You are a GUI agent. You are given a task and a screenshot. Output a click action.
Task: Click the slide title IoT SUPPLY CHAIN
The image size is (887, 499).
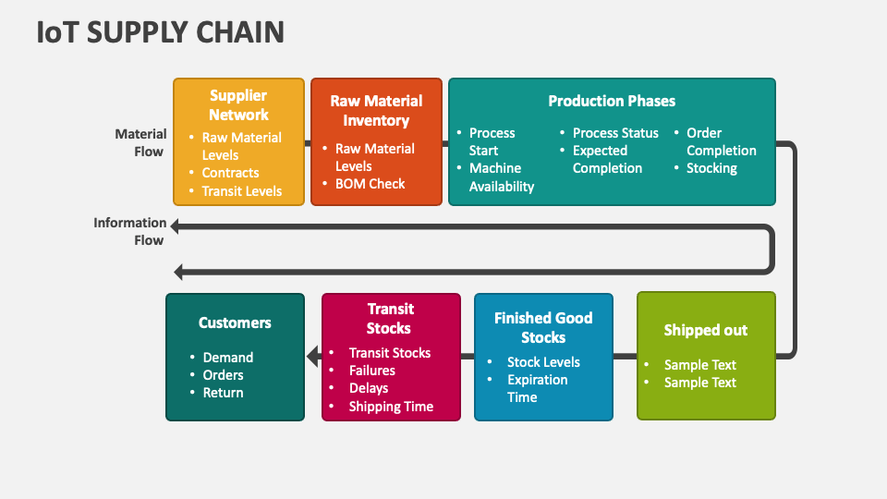[161, 32]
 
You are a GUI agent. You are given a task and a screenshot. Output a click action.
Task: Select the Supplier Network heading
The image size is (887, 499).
[238, 105]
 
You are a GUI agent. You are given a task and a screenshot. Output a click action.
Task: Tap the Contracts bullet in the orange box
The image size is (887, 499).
[231, 173]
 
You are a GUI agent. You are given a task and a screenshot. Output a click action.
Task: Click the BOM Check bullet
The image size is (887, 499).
[370, 184]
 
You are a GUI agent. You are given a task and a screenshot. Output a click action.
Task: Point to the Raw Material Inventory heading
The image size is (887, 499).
[376, 111]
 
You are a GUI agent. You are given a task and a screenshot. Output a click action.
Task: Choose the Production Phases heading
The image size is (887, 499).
[612, 101]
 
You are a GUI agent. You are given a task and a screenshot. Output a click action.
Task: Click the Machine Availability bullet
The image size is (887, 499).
[502, 177]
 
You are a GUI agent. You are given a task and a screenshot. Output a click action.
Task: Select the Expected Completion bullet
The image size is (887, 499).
[607, 159]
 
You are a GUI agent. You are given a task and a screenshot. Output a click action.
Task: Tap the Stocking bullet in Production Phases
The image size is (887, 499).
[711, 168]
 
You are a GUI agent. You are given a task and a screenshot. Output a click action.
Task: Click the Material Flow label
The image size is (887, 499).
[140, 142]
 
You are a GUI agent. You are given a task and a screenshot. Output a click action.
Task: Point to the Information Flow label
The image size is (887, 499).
[130, 231]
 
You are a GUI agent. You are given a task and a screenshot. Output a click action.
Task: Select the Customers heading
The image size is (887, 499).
[235, 323]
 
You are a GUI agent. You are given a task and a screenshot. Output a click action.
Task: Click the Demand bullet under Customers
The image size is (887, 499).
[228, 358]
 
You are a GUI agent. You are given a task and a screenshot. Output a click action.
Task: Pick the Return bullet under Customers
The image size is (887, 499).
[224, 393]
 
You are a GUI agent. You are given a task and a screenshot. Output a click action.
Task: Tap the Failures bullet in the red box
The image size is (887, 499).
[372, 371]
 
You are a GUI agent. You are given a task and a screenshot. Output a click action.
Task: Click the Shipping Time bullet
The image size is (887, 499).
[391, 407]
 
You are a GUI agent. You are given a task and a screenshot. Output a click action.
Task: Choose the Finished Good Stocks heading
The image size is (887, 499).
[543, 327]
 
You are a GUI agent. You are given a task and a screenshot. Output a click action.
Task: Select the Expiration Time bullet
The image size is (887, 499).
[537, 388]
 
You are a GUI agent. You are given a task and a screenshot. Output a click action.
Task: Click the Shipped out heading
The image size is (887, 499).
[706, 330]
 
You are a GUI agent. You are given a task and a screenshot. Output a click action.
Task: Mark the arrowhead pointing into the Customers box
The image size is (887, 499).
[312, 356]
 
